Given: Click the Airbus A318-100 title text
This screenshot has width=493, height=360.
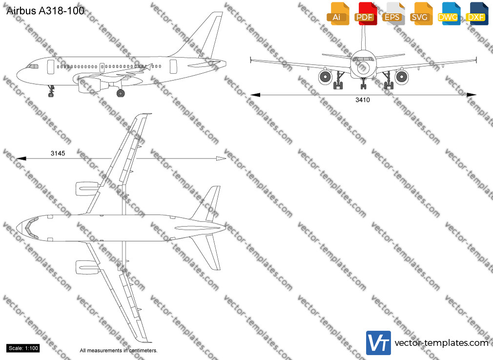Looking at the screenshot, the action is [x=45, y=11].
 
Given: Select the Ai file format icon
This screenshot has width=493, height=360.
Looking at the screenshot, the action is [x=337, y=14].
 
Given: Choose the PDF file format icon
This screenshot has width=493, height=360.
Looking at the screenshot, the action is [x=366, y=14].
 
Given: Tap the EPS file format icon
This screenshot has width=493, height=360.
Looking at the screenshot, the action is [x=393, y=14].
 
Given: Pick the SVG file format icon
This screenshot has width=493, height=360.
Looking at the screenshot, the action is [x=421, y=14].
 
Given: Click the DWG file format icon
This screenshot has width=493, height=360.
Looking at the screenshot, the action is [x=449, y=14].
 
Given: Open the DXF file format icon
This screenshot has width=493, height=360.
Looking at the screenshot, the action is [x=477, y=14].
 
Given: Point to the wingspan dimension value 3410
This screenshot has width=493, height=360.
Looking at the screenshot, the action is [x=363, y=100].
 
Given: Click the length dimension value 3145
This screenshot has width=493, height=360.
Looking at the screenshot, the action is [x=58, y=153].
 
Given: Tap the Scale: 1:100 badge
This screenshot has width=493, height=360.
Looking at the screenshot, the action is [x=23, y=348].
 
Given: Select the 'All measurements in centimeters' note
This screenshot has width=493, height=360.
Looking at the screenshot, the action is [x=119, y=350].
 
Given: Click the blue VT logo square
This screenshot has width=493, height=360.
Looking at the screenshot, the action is [x=378, y=343].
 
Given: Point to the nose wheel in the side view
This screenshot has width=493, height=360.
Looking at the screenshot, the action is [x=51, y=94].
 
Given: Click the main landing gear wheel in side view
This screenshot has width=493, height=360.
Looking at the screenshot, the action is [x=121, y=93].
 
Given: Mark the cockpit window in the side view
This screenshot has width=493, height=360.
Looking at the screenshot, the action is [x=32, y=66].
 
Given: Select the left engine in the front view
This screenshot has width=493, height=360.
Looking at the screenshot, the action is [x=325, y=77].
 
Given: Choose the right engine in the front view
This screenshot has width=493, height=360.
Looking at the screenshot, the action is [x=402, y=77].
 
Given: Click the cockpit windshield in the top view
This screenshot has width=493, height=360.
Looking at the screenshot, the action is [x=29, y=227].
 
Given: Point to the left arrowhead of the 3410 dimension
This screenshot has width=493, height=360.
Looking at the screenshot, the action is [x=255, y=95].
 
